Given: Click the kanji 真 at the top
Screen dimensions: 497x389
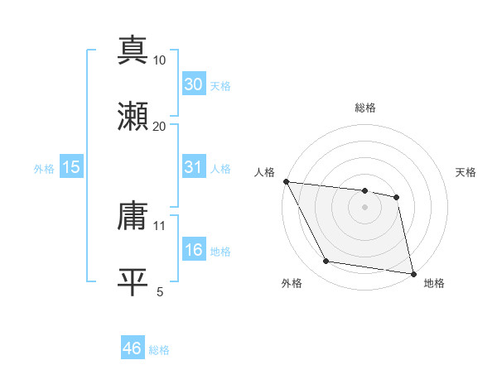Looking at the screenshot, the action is [x=133, y=50].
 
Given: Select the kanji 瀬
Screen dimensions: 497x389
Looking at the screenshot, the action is [x=133, y=117].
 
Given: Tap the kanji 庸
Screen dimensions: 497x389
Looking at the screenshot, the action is [x=133, y=216].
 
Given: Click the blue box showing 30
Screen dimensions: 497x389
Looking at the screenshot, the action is [x=193, y=84].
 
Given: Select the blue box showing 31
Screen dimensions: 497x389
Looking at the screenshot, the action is [x=193, y=167].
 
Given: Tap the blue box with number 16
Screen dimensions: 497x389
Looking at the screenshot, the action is [x=193, y=250].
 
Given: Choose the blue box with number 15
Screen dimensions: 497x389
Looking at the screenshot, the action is [x=71, y=167].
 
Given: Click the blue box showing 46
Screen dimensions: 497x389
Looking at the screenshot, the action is [x=133, y=349].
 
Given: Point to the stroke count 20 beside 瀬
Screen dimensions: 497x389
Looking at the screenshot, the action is [x=160, y=126].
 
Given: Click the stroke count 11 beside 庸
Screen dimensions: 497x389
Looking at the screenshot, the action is [x=160, y=225].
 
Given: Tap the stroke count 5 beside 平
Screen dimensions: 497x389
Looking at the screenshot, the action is [x=160, y=291].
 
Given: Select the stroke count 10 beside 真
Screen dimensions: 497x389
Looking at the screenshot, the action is [x=160, y=60].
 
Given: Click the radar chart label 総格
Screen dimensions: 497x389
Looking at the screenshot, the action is [x=365, y=108].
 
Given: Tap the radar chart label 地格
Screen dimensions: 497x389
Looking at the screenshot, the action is [x=434, y=283].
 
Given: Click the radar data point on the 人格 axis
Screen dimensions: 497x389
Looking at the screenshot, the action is [x=286, y=181].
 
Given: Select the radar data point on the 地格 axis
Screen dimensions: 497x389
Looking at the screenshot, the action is [x=413, y=273].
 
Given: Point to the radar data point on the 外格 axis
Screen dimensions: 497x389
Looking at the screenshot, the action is [x=326, y=262].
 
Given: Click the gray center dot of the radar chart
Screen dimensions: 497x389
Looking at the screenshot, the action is [x=365, y=207].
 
